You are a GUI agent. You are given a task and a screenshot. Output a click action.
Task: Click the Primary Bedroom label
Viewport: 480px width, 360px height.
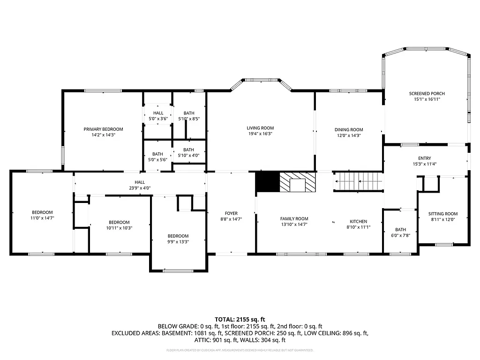pyautogui.click(x=103, y=129)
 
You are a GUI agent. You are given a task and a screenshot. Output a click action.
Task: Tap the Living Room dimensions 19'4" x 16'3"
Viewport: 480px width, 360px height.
pyautogui.click(x=260, y=134)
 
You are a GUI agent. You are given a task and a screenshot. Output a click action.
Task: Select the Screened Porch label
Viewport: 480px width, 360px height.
pyautogui.click(x=427, y=94)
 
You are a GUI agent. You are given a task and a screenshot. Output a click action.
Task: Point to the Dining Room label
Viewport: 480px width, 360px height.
pyautogui.click(x=349, y=130)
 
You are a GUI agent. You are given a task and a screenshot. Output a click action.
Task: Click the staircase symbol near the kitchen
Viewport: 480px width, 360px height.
pyautogui.click(x=358, y=181)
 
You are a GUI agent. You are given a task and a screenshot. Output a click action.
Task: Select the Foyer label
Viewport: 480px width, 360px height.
pyautogui.click(x=231, y=213)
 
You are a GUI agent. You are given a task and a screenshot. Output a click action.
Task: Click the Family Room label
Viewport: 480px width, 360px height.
pyautogui.click(x=294, y=219)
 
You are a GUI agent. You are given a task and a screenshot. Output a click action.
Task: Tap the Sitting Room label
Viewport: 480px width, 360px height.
pyautogui.click(x=443, y=214)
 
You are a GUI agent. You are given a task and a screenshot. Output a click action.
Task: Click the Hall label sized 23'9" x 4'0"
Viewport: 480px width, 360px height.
pyautogui.click(x=140, y=182)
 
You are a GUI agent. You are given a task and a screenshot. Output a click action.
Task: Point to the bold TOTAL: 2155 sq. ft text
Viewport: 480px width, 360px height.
pyautogui.click(x=240, y=319)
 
